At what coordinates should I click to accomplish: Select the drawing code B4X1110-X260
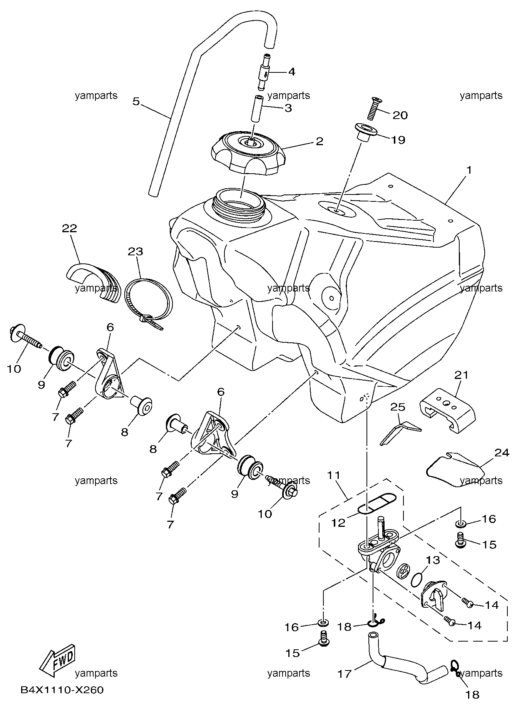pos(62,690)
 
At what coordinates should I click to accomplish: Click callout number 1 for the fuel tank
pos(469,170)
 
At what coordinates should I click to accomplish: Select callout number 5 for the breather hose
pos(136,101)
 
